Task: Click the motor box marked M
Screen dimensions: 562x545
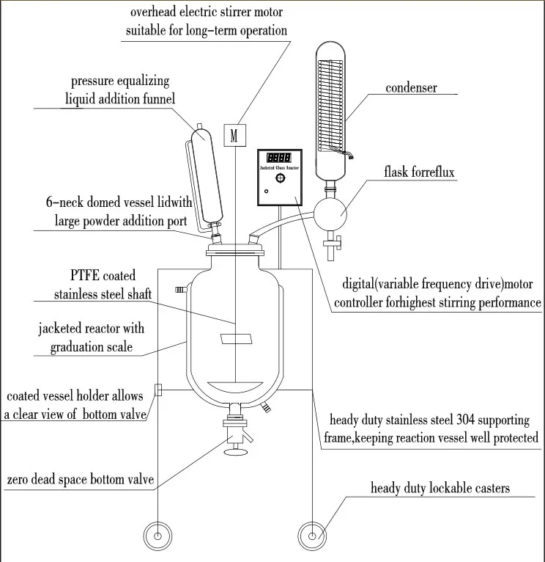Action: coord(234,135)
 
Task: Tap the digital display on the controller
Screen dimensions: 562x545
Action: coord(279,158)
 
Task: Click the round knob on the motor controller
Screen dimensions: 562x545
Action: coord(278,178)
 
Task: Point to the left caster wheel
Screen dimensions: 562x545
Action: coord(156,536)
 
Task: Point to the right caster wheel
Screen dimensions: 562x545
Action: coord(311,536)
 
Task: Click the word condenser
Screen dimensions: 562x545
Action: coord(412,88)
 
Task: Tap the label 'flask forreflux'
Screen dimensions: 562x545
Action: coord(419,172)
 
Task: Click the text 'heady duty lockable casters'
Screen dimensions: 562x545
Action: coord(440,488)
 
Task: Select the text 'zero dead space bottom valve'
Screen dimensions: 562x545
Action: coord(80,480)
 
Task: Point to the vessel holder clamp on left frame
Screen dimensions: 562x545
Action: coord(157,390)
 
